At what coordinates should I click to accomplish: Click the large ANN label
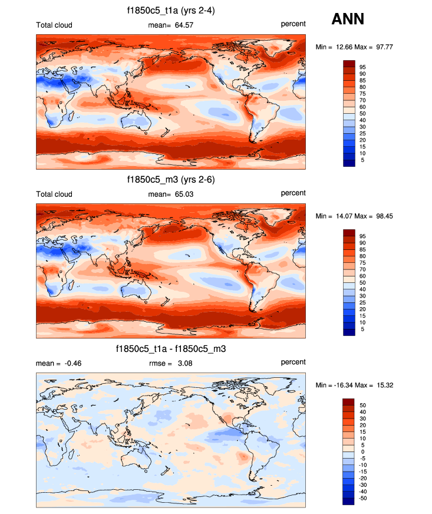[x=348, y=19]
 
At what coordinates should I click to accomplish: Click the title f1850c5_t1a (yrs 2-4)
[x=171, y=11]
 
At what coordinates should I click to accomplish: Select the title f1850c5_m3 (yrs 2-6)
[x=171, y=179]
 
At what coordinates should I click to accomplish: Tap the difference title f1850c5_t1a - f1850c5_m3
[x=171, y=349]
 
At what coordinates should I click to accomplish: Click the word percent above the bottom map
[x=293, y=363]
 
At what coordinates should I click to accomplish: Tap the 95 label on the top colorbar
[x=362, y=67]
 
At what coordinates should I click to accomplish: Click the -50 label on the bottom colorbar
[x=364, y=498]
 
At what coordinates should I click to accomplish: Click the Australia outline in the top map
[x=135, y=122]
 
